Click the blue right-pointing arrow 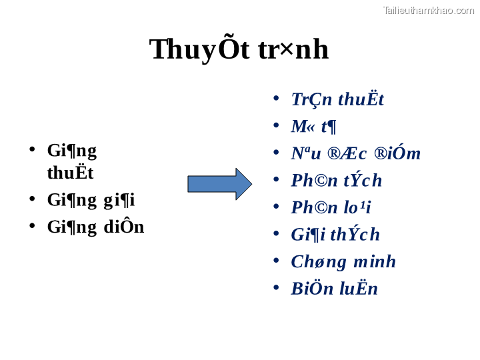click(x=219, y=184)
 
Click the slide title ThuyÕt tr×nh click(x=239, y=49)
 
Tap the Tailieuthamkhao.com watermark click(x=428, y=10)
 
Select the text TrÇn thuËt click(x=337, y=99)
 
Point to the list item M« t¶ click(x=313, y=126)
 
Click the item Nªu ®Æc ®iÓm click(x=355, y=153)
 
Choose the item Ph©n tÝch click(x=336, y=181)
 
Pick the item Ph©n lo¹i click(x=331, y=207)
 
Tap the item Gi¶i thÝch click(x=335, y=235)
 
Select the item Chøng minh click(x=343, y=261)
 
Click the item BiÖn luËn click(x=334, y=289)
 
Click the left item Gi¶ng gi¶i click(x=91, y=199)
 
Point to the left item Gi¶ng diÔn click(x=95, y=227)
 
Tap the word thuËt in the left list click(x=70, y=173)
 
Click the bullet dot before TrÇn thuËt click(x=276, y=99)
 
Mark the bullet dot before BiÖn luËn click(x=276, y=288)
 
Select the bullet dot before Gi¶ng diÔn click(x=32, y=226)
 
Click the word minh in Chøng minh click(x=375, y=261)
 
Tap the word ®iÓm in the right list click(x=397, y=153)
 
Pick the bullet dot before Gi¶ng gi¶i click(x=32, y=199)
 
